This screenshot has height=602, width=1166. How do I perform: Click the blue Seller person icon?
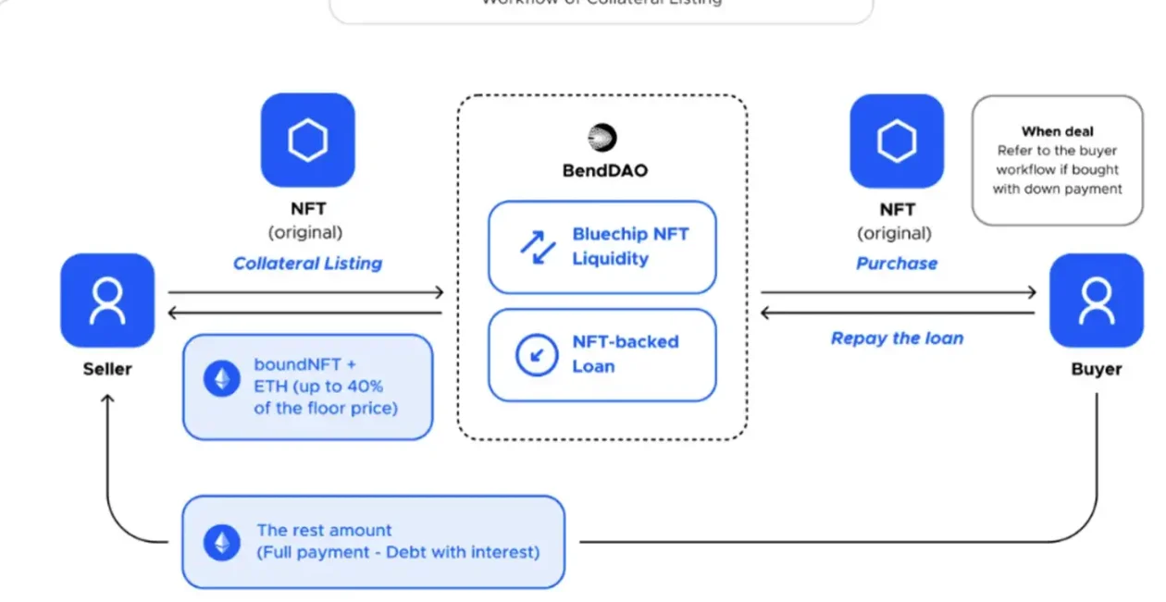107,300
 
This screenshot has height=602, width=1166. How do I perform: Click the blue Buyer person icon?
1097,300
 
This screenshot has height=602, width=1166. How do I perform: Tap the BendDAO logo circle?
602,138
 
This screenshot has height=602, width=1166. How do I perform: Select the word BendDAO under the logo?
602,170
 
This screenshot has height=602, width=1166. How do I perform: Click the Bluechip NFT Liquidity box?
602,247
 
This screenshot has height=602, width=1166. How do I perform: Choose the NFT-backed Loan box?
602,354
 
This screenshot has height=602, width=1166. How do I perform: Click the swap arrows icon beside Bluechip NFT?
537,247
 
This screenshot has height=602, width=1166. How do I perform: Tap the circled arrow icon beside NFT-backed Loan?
537,355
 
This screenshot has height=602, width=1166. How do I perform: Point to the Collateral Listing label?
307,264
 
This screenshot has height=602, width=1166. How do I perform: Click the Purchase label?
896,264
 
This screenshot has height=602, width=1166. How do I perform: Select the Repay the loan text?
897,338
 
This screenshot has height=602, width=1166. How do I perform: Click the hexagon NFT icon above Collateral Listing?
307,140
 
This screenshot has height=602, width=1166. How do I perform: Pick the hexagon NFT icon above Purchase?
897,141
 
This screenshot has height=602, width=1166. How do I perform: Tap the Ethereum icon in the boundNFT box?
222,379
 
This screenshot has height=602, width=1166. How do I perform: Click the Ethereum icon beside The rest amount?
222,542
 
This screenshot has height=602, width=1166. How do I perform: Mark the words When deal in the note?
1057,132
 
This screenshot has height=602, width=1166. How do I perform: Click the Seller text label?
107,369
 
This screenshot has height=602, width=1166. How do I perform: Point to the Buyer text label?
1097,369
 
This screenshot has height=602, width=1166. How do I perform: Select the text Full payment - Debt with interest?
398,553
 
